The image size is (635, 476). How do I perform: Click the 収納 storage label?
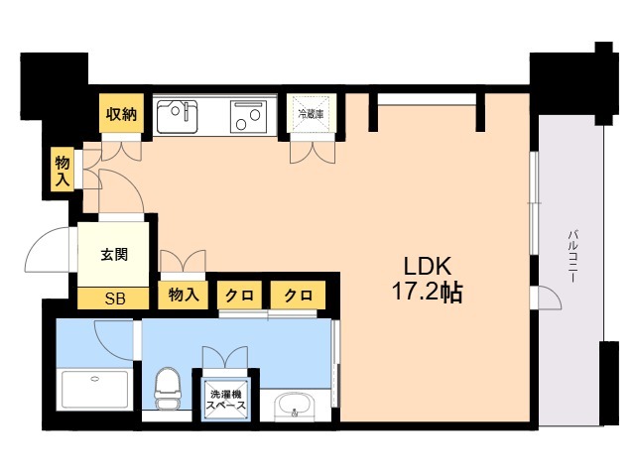click(x=122, y=114)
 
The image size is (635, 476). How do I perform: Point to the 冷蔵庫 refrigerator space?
click(x=313, y=114)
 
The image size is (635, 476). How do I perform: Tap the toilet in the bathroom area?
click(x=168, y=387)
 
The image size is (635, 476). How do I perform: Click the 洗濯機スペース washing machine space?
click(x=227, y=399)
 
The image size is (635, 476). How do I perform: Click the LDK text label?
click(x=427, y=267)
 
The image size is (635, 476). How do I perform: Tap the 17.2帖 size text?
click(x=427, y=294)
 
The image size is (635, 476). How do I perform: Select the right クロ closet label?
click(x=298, y=295)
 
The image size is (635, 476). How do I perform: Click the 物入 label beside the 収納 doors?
click(x=63, y=171)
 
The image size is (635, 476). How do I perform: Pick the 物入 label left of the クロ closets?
click(x=184, y=295)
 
